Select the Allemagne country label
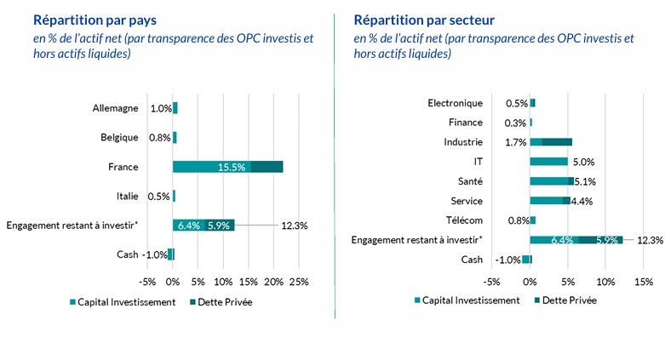point(115,108)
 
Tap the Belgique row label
point(118,137)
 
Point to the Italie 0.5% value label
point(159,197)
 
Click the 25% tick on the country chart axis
point(299,282)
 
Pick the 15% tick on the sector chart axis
point(643,282)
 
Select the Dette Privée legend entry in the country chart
point(224,301)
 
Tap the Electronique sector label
point(455,103)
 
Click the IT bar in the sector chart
point(548,162)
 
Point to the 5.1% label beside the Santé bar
point(585,181)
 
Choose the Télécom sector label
point(465,220)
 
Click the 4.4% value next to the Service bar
point(582,201)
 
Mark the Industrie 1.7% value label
point(515,142)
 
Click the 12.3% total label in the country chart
point(294,226)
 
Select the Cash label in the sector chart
point(471,260)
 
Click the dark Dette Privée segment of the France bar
point(267,167)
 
